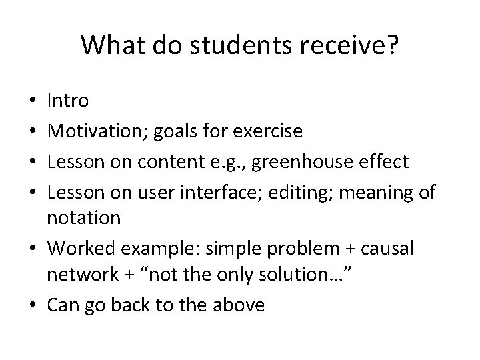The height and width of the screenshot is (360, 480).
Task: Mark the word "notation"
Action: tap(84, 217)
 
